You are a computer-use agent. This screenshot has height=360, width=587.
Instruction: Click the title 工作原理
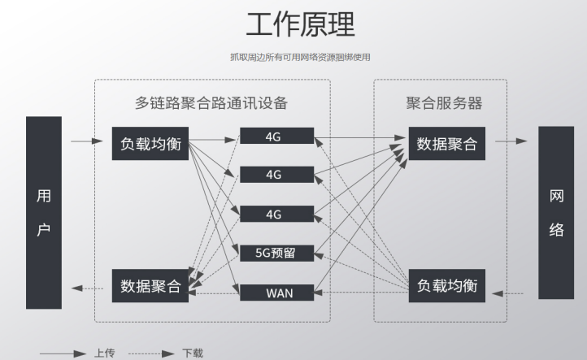pos(300,24)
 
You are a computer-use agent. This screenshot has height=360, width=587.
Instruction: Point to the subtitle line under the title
pos(300,57)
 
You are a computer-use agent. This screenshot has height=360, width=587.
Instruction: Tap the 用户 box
pos(44,212)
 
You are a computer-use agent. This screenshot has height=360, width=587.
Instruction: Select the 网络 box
pos(556,212)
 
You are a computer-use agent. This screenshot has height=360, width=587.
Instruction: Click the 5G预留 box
pos(276,253)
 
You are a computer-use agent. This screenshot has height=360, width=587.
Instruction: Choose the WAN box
pos(276,292)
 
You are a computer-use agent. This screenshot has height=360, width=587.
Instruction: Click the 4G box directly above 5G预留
pos(276,215)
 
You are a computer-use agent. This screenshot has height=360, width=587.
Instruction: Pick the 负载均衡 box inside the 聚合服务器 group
pos(446,286)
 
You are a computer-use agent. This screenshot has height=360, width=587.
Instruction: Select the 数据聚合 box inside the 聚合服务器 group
pos(446,143)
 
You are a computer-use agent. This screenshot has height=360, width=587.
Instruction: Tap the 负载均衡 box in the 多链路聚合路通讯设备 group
pos(151,143)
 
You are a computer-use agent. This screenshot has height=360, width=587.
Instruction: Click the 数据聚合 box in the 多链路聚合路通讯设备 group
pos(151,286)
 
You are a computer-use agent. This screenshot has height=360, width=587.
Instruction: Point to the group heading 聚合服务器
pos(444,103)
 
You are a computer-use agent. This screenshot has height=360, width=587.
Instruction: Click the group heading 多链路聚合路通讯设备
pos(211,103)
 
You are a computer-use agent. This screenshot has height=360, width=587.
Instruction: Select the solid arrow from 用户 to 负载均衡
pos(87,141)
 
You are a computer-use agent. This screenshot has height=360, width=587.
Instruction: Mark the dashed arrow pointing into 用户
pos(87,287)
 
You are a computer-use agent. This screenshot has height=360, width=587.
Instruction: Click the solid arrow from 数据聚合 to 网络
pos(511,141)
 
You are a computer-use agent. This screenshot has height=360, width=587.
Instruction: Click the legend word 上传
pos(104,353)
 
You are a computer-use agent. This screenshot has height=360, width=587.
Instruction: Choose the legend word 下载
pos(193,353)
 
